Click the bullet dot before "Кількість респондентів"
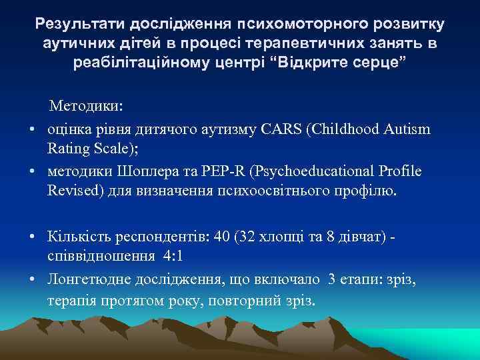tap(31, 237)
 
